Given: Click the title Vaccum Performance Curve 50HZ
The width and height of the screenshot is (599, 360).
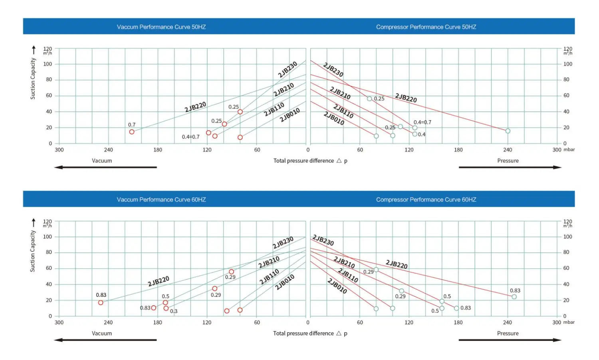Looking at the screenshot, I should click(161, 27).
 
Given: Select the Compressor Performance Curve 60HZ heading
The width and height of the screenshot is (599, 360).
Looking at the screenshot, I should click(426, 200).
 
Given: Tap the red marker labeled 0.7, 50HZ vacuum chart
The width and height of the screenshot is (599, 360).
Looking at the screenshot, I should click(132, 132).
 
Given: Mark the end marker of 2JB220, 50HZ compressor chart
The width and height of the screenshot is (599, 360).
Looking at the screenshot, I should click(508, 131).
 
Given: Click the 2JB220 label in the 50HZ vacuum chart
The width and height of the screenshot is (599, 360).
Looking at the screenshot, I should click(195, 107).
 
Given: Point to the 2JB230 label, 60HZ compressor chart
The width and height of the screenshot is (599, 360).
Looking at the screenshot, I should click(323, 240).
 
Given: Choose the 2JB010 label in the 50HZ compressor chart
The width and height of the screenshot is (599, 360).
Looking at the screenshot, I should click(334, 119).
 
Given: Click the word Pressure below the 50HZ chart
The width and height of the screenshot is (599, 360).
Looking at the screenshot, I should click(508, 160).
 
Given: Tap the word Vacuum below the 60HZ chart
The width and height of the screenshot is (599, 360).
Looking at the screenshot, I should click(102, 333).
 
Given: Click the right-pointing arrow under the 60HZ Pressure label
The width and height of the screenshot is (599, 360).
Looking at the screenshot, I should click(510, 340).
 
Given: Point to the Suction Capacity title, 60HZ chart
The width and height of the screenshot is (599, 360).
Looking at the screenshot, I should click(33, 251).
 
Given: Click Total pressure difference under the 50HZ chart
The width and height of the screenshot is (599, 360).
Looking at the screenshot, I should click(303, 160).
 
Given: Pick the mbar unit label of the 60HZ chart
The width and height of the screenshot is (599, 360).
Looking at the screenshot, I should click(569, 322).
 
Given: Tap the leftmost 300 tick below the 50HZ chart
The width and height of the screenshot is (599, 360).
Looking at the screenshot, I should click(59, 150).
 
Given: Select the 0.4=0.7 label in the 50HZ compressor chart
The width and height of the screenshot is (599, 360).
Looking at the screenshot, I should click(422, 122).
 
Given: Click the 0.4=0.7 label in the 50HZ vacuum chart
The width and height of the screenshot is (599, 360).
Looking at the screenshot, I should click(190, 137).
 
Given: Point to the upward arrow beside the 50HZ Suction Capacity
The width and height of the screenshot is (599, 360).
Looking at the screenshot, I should click(34, 49).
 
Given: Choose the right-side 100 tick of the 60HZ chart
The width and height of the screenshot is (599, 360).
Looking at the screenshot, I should click(567, 237).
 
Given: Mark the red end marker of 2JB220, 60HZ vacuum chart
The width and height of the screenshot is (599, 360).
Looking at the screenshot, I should click(101, 303).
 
